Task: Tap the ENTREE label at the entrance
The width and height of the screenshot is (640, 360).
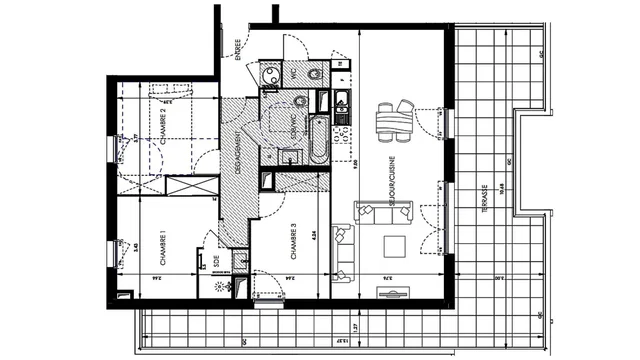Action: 238,47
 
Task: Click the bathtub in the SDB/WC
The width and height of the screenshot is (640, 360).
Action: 316,140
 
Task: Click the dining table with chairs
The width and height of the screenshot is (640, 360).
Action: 393,120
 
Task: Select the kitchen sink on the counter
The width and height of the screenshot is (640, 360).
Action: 342,100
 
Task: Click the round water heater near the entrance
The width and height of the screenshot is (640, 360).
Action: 266,75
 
